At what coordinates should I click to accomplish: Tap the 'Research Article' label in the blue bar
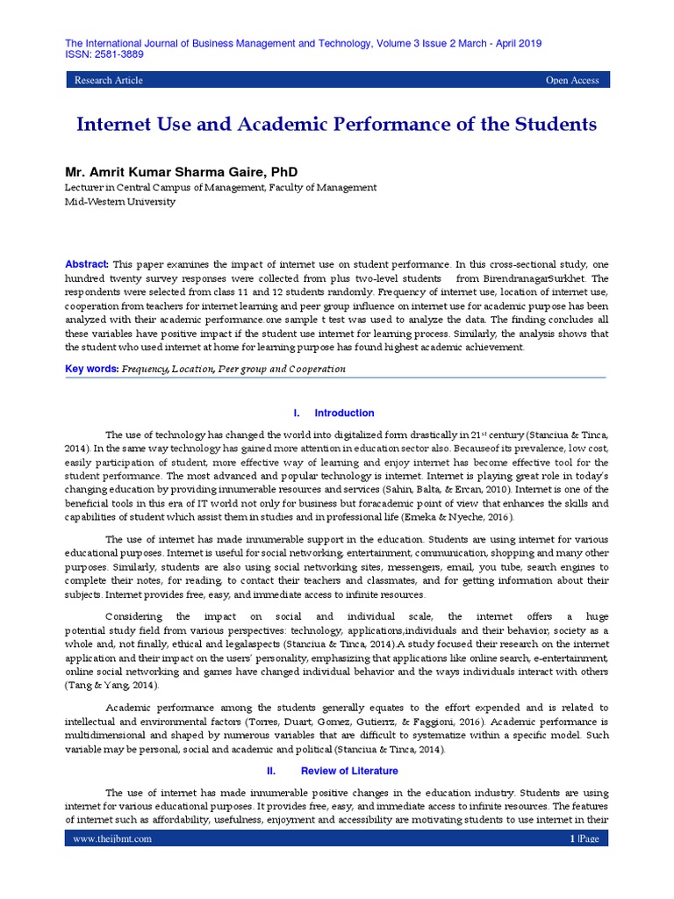coord(109,81)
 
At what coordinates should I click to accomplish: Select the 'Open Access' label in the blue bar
coord(572,81)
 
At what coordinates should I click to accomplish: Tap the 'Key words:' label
coord(92,369)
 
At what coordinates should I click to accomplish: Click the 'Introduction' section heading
coord(344,413)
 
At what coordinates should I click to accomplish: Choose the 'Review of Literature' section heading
coord(349,771)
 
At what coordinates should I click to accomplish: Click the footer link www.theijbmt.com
coord(112,838)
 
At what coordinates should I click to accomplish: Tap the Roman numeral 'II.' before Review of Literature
coord(271,771)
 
